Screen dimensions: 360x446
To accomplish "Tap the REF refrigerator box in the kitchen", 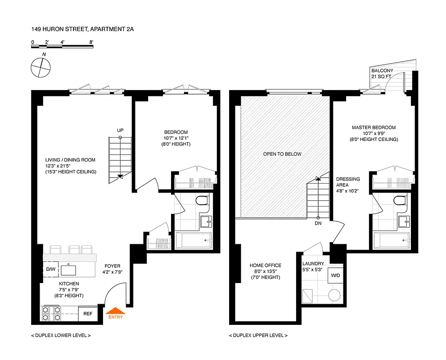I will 87,314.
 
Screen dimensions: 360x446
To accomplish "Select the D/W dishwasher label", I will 50,270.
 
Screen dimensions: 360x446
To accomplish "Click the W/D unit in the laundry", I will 335,275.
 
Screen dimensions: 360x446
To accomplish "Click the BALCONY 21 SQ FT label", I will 382,74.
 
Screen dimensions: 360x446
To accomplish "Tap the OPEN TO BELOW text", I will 282,154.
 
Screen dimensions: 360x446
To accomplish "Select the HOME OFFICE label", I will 266,265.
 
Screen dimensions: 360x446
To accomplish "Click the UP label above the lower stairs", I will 120,130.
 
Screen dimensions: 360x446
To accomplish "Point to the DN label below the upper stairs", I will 318,223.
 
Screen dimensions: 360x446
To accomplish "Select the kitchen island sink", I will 68,270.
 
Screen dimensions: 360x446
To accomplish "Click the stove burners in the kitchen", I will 51,313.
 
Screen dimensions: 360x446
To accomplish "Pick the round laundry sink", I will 334,295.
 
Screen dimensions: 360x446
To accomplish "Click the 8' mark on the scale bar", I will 91,42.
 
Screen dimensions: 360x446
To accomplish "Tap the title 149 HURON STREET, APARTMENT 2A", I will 82,29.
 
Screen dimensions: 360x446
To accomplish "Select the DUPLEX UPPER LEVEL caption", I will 258,336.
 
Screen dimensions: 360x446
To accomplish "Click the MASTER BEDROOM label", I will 374,128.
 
